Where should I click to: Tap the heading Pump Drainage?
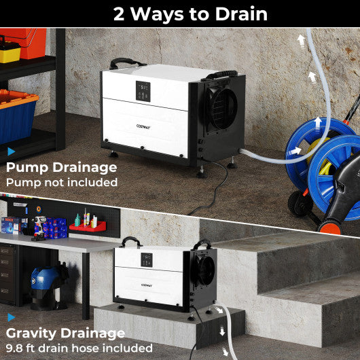(x=62, y=167)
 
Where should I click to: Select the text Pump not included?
(x=62, y=182)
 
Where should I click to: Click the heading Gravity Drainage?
(x=65, y=333)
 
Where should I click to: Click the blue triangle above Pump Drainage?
(x=10, y=151)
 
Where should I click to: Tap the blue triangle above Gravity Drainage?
(x=10, y=317)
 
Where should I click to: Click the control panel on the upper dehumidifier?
(x=143, y=90)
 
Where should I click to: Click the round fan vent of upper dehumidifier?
(x=221, y=107)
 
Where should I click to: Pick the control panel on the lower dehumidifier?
(x=147, y=259)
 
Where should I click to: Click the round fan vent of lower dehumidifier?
(x=204, y=269)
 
